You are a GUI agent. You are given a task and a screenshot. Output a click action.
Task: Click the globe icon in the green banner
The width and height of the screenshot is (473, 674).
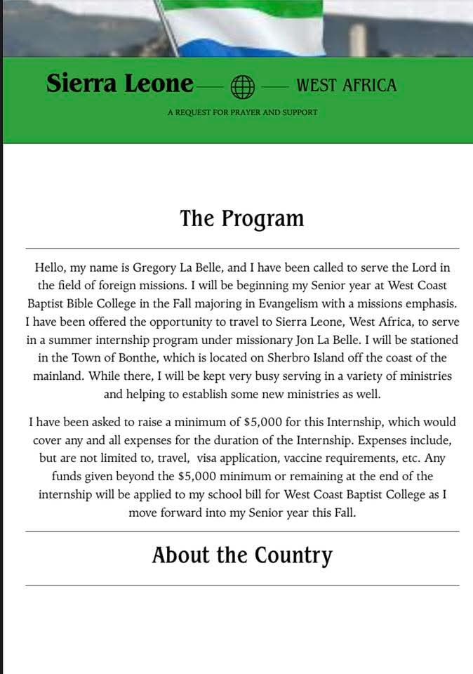242,86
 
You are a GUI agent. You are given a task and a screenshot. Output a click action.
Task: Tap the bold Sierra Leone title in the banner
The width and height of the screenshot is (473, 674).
119,84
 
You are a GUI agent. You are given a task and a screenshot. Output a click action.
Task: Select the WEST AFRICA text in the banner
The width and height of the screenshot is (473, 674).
346,86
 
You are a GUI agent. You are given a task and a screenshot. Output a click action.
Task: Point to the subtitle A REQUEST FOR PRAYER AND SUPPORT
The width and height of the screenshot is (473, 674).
242,112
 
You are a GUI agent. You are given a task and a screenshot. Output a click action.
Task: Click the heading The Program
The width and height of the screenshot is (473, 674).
242,218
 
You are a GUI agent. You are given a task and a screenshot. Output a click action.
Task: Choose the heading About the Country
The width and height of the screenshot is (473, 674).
242,555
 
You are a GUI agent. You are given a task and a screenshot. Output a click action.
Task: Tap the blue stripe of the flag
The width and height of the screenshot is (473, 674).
239,48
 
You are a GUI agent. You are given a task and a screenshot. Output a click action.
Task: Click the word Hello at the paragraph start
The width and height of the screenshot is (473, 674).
51,267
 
